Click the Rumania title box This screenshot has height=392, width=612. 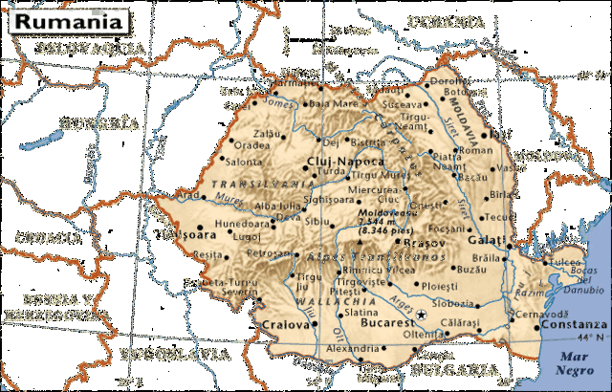pyautogui.click(x=65, y=19)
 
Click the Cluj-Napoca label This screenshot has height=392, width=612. pyautogui.click(x=345, y=161)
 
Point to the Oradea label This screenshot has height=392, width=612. pyautogui.click(x=251, y=145)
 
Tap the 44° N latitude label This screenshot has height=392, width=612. pyautogui.click(x=589, y=338)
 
